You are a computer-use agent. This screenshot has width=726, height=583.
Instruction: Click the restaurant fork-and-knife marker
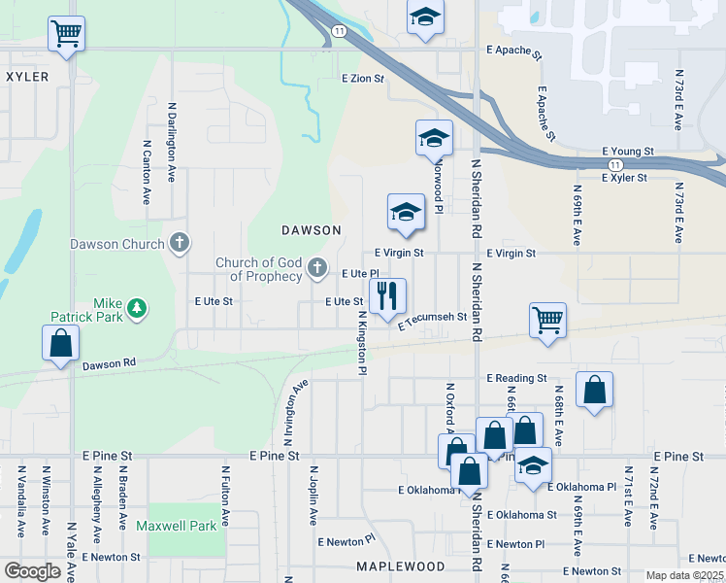387,295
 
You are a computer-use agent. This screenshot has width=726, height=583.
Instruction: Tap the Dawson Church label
116,244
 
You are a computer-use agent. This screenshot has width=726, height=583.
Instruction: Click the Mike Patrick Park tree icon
138,308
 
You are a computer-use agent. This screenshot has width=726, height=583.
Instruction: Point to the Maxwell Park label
176,526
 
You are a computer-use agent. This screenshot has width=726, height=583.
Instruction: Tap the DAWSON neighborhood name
311,230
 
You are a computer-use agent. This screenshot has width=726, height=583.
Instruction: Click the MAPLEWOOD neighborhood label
400,566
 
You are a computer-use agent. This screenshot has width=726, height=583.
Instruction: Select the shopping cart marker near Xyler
66,33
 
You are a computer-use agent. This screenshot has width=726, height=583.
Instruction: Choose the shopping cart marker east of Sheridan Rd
548,321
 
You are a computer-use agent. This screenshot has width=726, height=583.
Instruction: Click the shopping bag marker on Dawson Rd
60,344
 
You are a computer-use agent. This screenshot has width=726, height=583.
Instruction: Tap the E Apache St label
511,48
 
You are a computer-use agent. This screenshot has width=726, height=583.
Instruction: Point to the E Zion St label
364,78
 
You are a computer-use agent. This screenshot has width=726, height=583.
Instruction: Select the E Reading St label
517,377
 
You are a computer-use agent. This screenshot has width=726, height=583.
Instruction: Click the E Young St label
629,152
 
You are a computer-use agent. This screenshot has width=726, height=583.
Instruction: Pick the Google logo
32,571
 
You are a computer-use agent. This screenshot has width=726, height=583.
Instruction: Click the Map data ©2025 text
685,575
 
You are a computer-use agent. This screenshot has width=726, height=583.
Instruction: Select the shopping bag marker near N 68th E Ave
594,390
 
